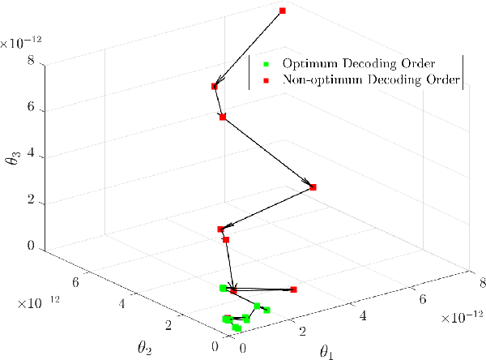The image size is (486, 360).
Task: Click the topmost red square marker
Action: (x=283, y=11)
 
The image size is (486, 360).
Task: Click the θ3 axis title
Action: (x=11, y=152)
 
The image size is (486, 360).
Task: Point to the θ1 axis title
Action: (x=327, y=353)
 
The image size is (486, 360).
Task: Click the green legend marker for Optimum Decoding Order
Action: (x=266, y=63)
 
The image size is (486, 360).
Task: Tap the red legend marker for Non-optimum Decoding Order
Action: (x=266, y=80)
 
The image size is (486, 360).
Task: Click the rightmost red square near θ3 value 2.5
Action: (x=313, y=187)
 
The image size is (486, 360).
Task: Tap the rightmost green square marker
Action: (x=266, y=310)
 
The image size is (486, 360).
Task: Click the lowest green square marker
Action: (x=237, y=328)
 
